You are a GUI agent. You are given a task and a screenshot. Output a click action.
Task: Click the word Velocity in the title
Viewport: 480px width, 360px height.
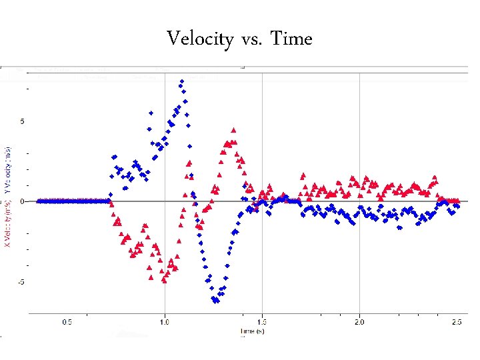click(199, 39)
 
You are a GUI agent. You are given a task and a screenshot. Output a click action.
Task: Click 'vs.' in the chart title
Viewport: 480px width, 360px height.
click(251, 40)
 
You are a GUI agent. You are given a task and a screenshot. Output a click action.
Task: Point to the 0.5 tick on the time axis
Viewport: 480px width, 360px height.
click(67, 323)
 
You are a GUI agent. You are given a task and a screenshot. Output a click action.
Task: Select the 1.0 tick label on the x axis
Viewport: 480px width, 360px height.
click(165, 323)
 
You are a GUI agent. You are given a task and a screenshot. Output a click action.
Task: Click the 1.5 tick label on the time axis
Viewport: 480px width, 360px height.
click(262, 323)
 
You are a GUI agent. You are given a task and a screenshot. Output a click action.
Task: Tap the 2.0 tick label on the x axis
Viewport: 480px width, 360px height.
click(359, 323)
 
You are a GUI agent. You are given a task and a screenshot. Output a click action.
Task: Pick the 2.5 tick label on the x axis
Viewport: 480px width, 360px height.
click(455, 323)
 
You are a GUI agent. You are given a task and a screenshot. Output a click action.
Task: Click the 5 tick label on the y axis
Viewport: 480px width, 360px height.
click(22, 121)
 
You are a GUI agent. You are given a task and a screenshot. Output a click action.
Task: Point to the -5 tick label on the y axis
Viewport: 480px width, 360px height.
click(21, 282)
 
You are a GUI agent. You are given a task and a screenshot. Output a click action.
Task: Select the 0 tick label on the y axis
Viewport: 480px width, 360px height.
click(22, 201)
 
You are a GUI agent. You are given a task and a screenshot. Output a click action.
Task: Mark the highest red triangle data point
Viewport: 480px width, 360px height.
click(233, 130)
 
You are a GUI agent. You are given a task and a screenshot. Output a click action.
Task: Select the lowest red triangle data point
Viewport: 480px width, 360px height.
click(164, 281)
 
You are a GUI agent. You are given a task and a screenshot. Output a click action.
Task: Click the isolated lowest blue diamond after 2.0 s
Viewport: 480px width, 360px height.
click(400, 227)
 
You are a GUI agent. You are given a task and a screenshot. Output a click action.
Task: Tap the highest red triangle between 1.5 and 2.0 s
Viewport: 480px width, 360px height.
click(303, 175)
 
